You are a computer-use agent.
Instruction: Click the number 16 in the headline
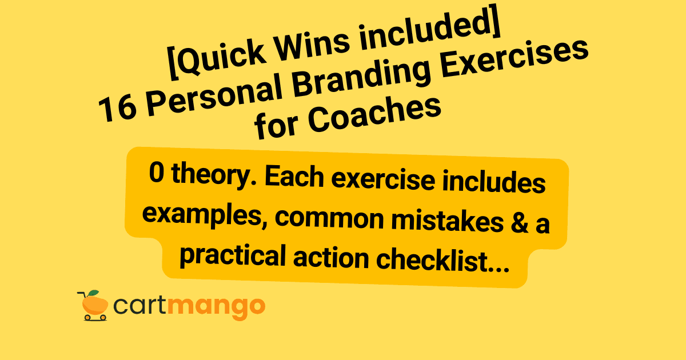point(117,107)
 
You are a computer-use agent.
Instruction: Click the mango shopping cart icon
point(92,305)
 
